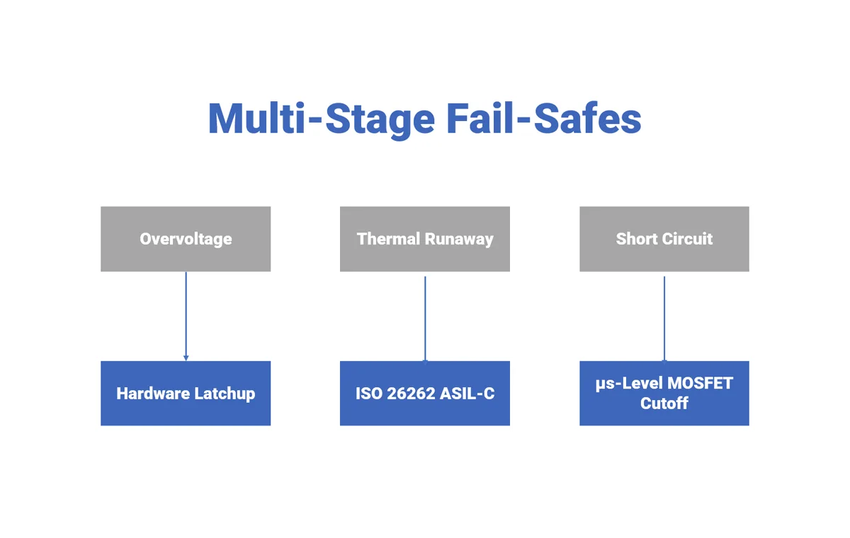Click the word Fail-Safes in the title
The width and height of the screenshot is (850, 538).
544,118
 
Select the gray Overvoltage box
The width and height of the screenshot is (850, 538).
186,239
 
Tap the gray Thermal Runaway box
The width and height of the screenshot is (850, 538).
425,239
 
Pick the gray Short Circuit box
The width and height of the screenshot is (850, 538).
664,239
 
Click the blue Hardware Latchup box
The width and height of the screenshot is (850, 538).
186,394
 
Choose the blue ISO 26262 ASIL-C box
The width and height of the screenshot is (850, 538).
425,394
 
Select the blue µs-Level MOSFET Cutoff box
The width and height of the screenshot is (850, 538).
664,394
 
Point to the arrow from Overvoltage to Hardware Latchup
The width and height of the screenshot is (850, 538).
186,316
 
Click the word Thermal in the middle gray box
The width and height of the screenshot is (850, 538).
387,239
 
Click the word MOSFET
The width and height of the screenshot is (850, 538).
698,384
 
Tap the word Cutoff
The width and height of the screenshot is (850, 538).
664,403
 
